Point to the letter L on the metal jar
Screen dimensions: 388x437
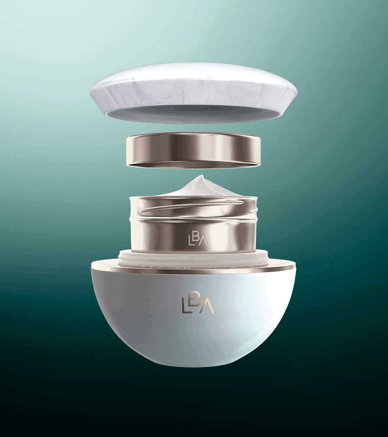click(191, 240)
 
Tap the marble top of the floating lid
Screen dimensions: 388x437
click(194, 81)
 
